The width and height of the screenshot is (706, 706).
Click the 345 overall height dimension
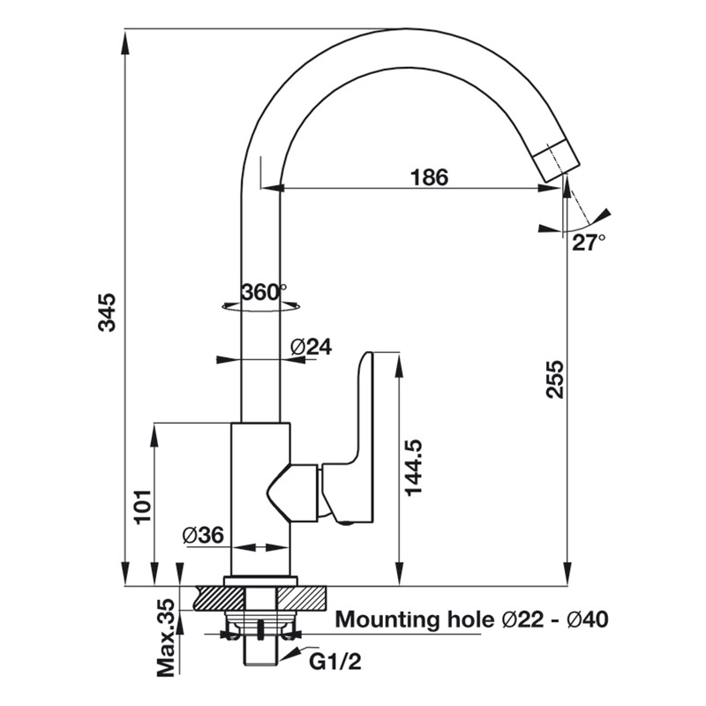107,312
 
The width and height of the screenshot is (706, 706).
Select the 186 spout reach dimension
429,177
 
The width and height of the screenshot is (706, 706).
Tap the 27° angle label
589,242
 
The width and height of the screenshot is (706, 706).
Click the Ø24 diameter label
312,347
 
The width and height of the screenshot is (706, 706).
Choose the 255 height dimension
555,379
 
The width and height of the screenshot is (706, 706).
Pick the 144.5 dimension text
413,468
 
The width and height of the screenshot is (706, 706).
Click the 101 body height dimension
143,507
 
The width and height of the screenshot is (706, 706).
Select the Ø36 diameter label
203,536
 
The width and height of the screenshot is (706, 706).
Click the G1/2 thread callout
335,662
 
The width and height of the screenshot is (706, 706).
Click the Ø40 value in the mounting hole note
588,620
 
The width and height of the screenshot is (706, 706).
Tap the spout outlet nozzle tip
557,161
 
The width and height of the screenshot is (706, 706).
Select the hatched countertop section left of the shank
219,598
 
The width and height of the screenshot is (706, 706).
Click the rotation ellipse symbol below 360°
261,306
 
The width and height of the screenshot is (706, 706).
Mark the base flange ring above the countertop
260,581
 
